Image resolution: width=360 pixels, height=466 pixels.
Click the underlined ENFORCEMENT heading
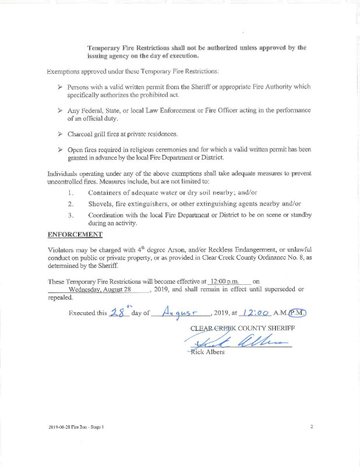75,235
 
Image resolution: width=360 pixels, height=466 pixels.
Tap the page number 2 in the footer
312,427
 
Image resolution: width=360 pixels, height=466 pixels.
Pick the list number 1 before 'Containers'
70,192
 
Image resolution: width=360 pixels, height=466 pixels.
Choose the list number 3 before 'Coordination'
70,215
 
